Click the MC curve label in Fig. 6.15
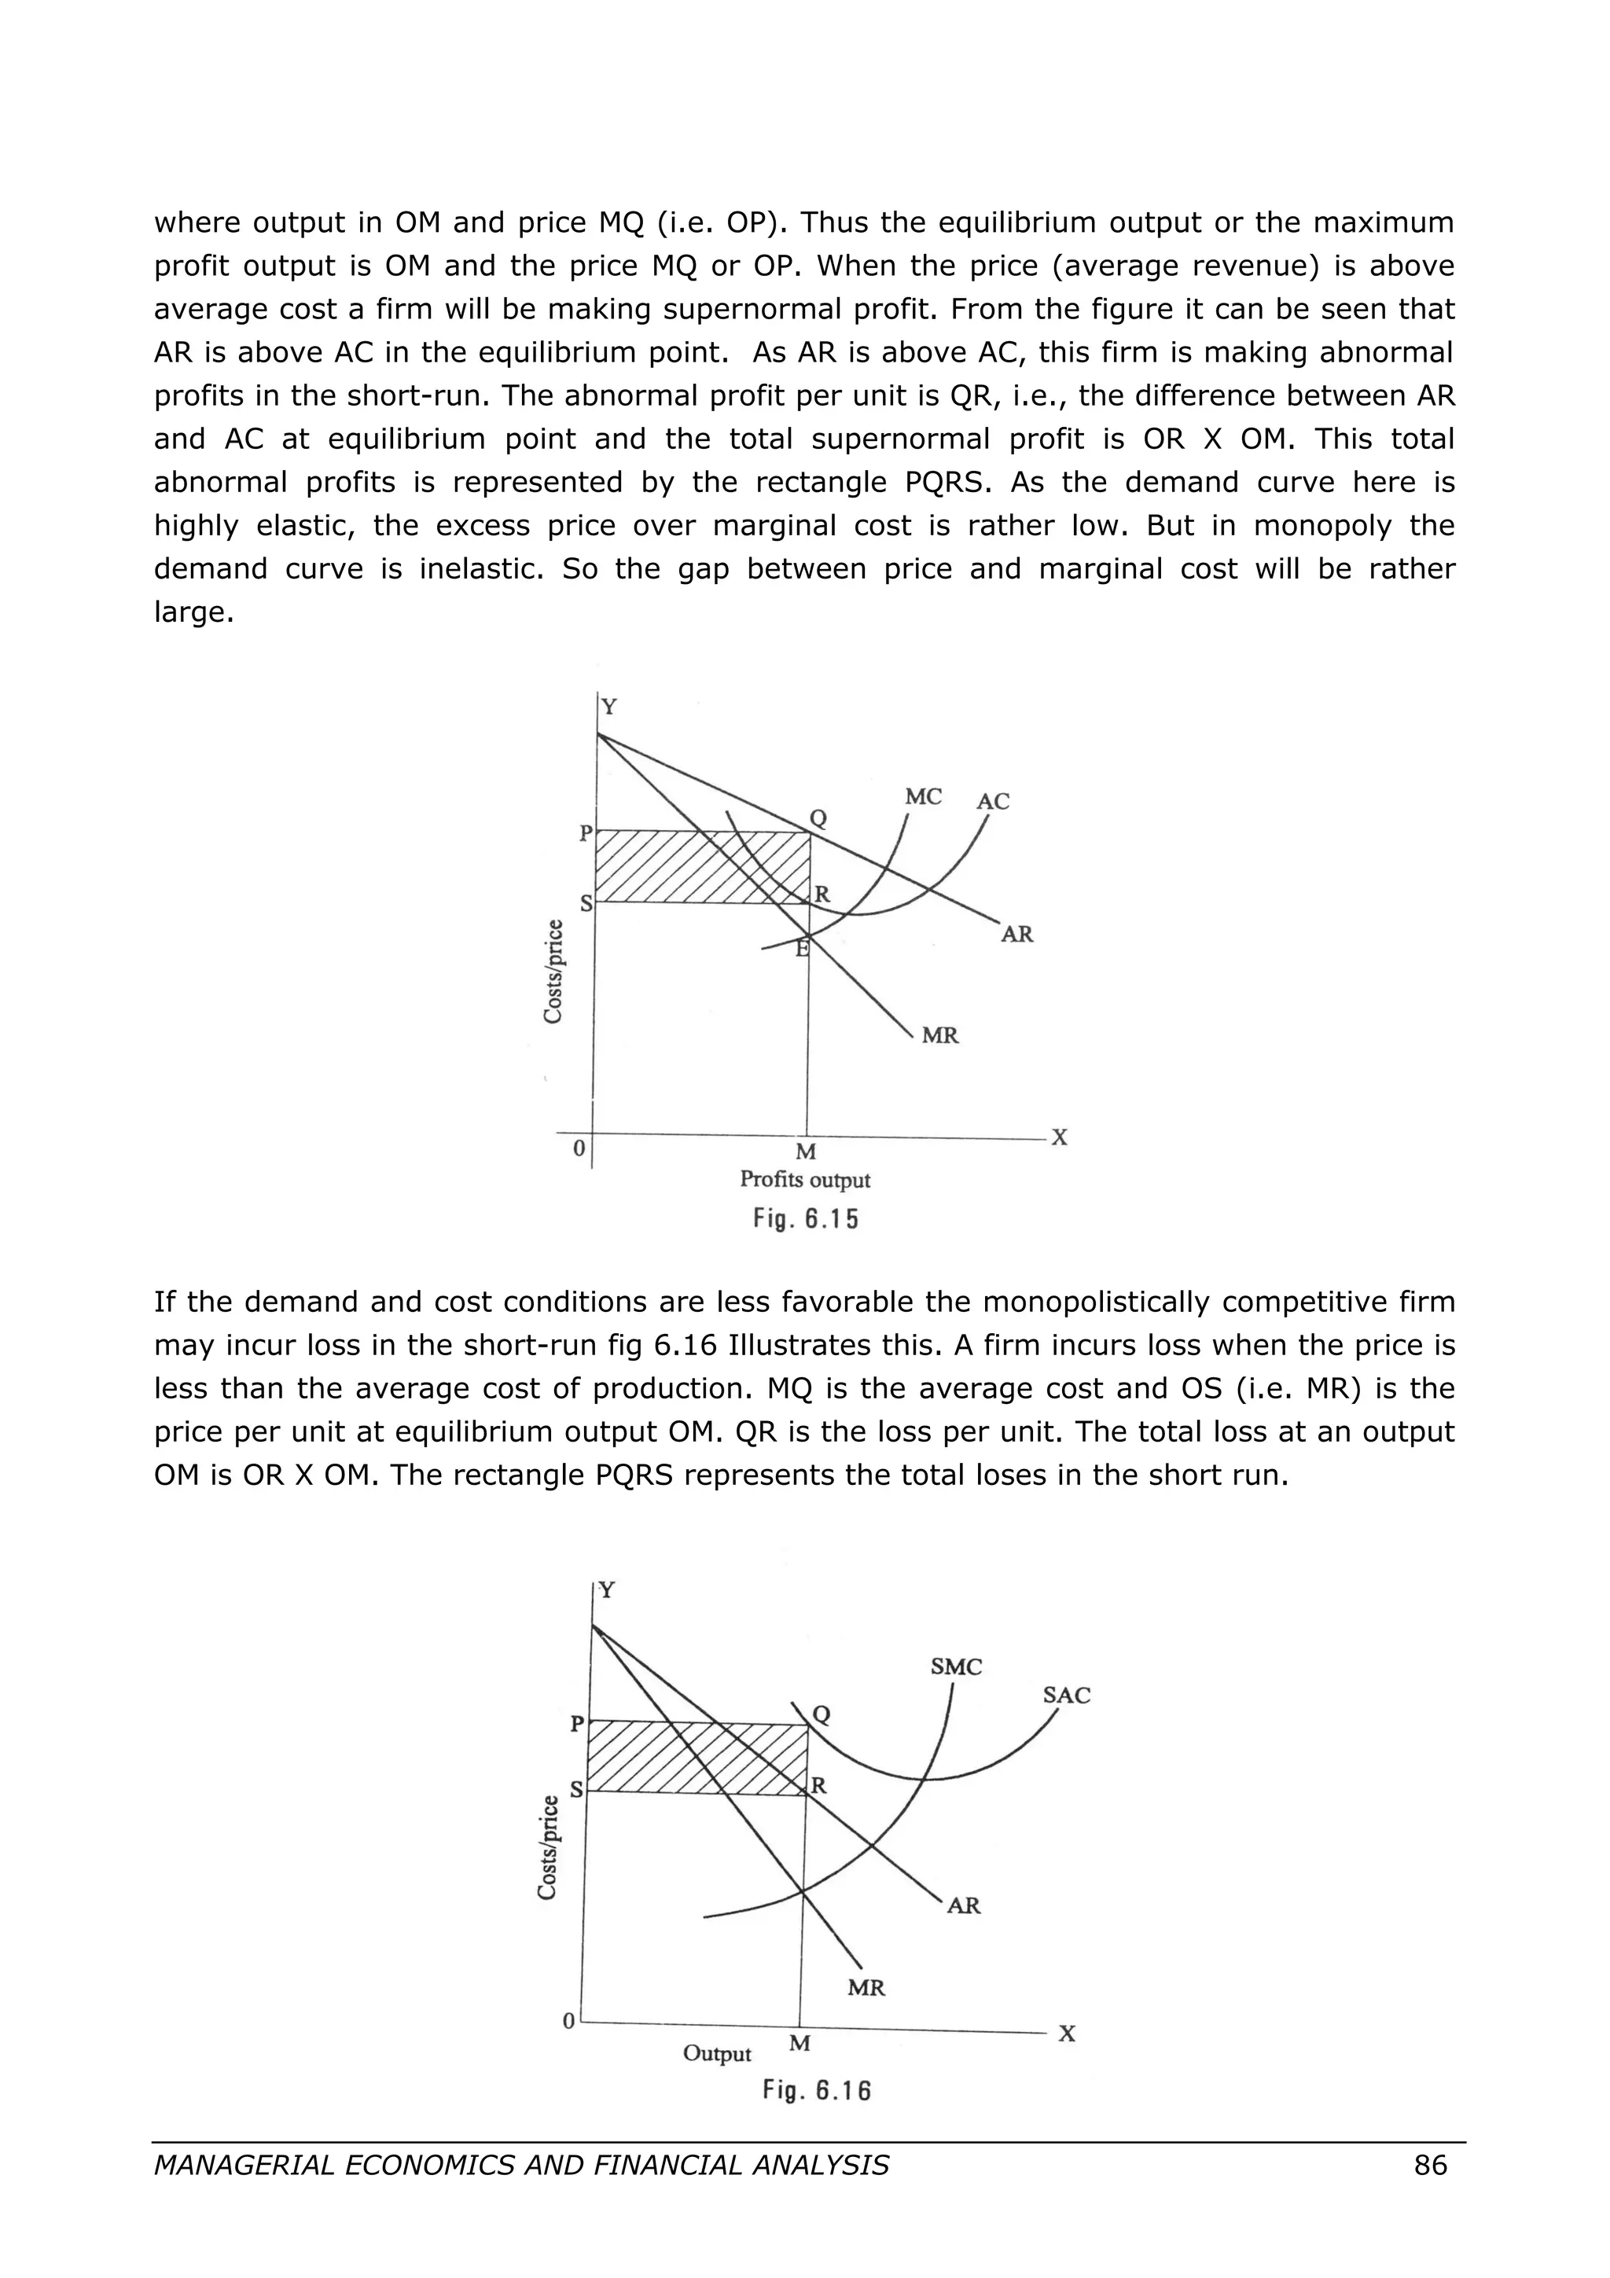point(923,797)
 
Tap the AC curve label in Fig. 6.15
point(992,802)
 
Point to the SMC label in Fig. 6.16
point(955,1666)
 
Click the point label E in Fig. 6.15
point(802,950)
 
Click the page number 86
point(1429,2165)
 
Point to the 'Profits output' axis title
point(804,1180)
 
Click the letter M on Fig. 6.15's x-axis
point(806,1152)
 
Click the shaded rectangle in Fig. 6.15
point(700,867)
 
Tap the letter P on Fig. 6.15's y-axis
point(585,833)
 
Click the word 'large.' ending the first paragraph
point(193,613)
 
